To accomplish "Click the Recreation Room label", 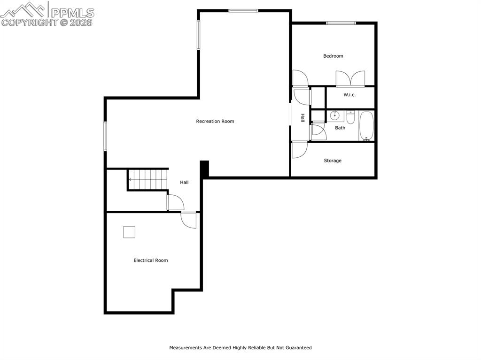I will click(215, 121).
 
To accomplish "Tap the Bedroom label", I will click(333, 56).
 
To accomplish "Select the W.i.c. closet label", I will click(349, 95).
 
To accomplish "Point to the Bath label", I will click(340, 128).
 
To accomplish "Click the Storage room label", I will click(333, 161).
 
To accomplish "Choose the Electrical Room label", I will click(150, 260).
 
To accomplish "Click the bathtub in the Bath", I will click(366, 126).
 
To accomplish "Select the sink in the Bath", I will click(335, 115).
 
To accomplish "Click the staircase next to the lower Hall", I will click(147, 179).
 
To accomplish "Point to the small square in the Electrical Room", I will click(129, 232).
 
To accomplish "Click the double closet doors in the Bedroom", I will click(350, 78).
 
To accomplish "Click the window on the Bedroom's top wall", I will click(341, 23).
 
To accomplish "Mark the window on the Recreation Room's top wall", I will click(243, 10).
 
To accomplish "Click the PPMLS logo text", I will click(72, 12).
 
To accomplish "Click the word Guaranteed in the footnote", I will click(295, 348).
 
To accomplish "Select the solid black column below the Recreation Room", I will click(204, 169).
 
